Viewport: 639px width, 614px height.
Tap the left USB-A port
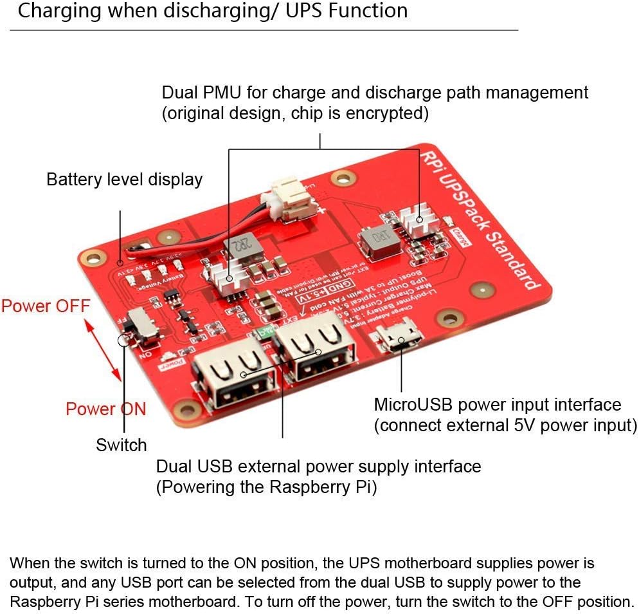click(x=233, y=380)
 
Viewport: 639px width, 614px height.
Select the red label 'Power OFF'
click(x=46, y=305)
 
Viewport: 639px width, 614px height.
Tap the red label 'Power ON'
click(x=105, y=409)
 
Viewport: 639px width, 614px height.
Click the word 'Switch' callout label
click(x=122, y=445)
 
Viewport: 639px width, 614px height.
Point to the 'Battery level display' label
click(x=124, y=179)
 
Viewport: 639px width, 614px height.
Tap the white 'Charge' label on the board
click(x=460, y=236)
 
